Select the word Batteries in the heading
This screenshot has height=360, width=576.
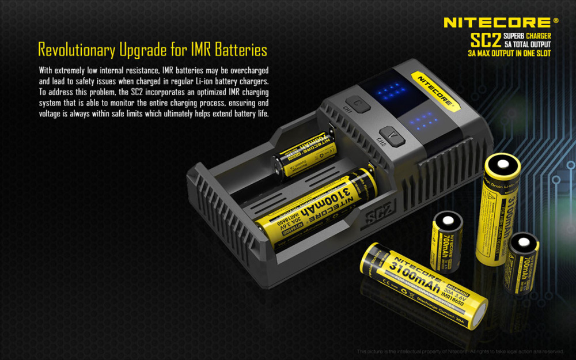click(x=241, y=50)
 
